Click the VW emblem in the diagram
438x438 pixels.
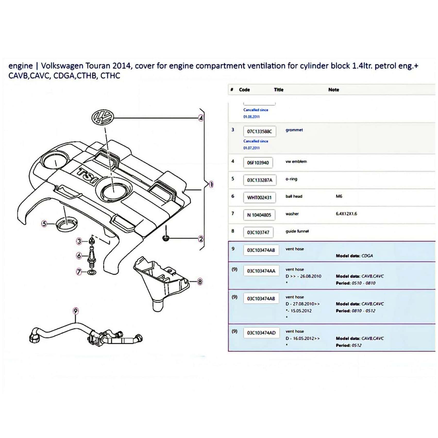103,117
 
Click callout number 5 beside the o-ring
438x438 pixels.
44,224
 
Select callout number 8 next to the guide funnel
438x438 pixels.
200,282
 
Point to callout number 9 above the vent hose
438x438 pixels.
75,311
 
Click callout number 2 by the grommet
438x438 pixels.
201,239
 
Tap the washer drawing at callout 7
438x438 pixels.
91,272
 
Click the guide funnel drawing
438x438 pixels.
160,282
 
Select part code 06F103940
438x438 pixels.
258,163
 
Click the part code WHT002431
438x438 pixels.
259,198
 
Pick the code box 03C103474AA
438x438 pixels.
261,271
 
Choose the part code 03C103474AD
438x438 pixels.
261,333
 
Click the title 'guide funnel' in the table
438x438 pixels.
297,231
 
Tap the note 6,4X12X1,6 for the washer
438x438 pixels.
346,214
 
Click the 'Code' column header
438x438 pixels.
244,90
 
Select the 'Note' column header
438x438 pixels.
334,90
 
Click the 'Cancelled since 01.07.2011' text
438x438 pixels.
256,145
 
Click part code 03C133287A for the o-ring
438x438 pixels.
259,180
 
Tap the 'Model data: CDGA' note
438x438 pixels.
354,256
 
